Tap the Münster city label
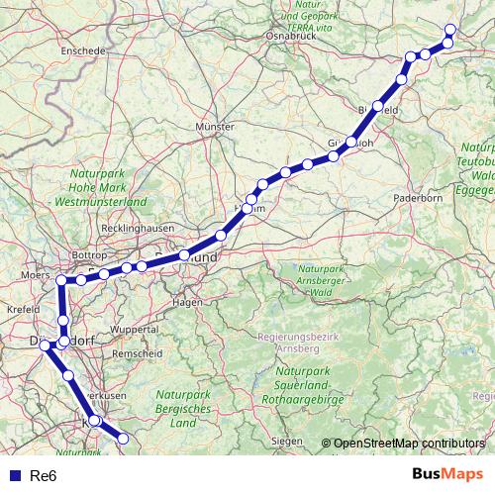[215, 128]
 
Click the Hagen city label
[187, 302]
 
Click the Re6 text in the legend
[43, 476]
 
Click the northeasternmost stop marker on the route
[450, 29]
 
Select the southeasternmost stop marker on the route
[125, 440]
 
